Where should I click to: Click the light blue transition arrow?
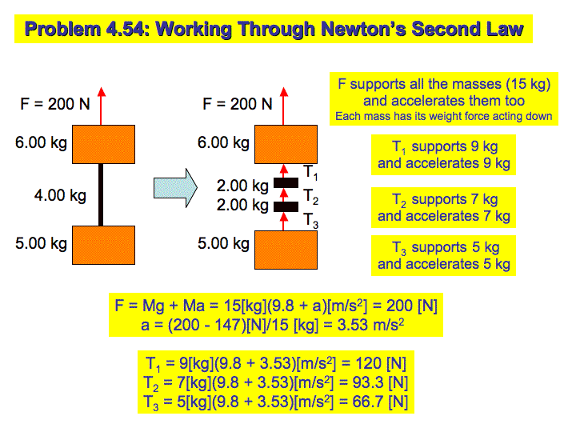pos(175,188)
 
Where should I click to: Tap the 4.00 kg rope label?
pos(60,195)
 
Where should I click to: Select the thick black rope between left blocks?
pos(101,194)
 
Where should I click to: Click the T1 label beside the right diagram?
pos(310,172)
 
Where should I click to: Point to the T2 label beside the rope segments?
pos(310,197)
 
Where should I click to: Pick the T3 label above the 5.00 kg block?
pos(310,221)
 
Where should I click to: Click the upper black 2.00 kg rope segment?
pos(286,182)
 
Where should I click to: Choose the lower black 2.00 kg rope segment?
pos(286,207)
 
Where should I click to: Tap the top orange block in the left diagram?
pos(103,144)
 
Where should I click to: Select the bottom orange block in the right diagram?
pos(286,250)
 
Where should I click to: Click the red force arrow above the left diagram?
pos(102,106)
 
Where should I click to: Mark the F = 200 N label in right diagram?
pos(238,104)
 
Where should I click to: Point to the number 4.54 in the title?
pos(128,29)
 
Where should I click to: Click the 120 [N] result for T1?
pos(381,364)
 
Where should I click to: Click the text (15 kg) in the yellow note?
pos(528,84)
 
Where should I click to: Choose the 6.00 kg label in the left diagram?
pos(41,142)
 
